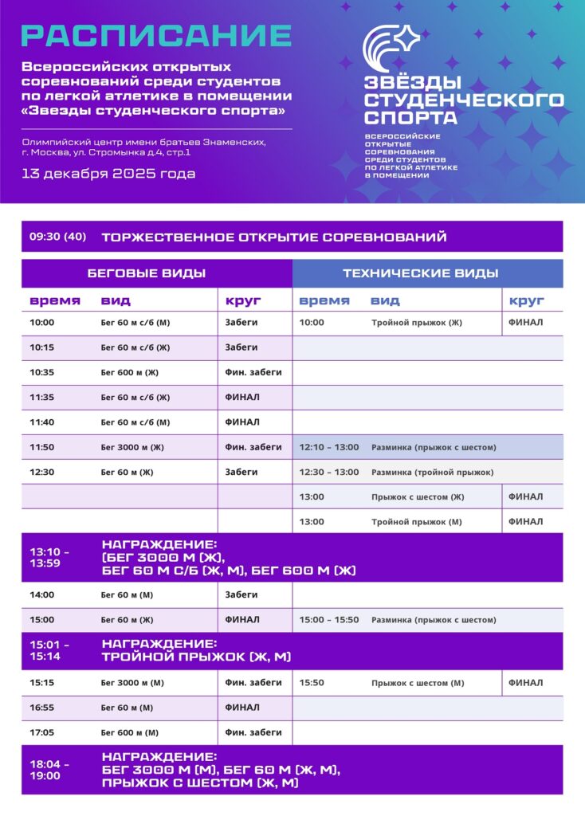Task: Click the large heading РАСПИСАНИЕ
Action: [x=156, y=36]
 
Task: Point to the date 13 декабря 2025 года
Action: [x=108, y=173]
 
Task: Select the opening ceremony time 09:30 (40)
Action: [x=57, y=237]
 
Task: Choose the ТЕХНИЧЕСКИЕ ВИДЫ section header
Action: [x=420, y=273]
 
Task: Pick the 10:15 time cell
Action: [x=42, y=347]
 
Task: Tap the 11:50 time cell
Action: [x=42, y=447]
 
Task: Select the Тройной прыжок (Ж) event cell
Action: [x=416, y=323]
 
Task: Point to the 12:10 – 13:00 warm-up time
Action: [x=329, y=447]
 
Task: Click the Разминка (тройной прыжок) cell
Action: [x=432, y=472]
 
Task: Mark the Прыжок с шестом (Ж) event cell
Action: [x=418, y=496]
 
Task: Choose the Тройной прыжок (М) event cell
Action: [x=416, y=521]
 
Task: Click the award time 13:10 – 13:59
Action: [x=49, y=557]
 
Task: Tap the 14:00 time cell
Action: [x=42, y=594]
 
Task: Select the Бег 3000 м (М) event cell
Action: [x=132, y=682]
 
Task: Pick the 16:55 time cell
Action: [x=42, y=708]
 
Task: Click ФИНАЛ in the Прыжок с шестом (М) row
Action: [x=525, y=682]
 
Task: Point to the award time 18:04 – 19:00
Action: [x=49, y=769]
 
